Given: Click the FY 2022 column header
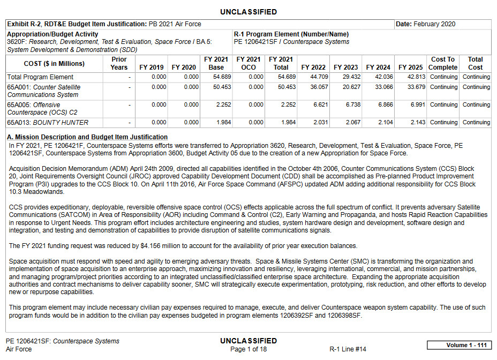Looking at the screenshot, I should [313, 67].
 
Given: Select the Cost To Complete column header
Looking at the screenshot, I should [443, 63].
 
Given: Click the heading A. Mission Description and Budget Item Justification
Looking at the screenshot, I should [87, 137].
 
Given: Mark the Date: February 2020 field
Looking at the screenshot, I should [426, 24].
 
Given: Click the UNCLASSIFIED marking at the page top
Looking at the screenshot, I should [248, 12].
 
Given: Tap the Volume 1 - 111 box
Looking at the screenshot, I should [459, 345].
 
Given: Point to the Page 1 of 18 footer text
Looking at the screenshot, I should [248, 349].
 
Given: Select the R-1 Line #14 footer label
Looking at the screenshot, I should [348, 349].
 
